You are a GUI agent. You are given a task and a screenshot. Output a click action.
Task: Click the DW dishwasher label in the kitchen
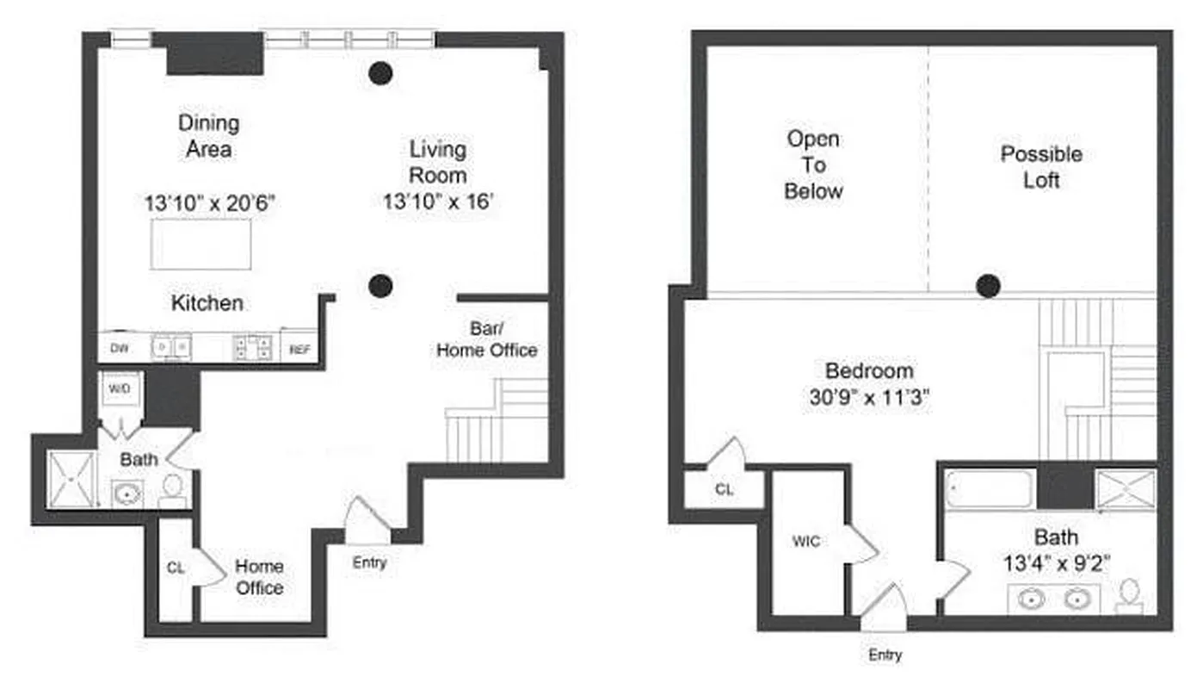click(119, 349)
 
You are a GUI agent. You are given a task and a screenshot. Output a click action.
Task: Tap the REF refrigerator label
click(299, 349)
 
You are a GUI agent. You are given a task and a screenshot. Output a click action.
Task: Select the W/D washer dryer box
click(119, 388)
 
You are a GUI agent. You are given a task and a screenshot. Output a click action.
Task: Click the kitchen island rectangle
click(201, 244)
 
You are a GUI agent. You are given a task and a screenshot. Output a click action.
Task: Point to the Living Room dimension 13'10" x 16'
click(438, 202)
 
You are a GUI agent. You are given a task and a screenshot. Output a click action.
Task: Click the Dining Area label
click(208, 136)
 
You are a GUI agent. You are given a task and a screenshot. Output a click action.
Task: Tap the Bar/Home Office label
click(487, 340)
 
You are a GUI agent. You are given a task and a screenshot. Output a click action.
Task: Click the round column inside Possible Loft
click(988, 285)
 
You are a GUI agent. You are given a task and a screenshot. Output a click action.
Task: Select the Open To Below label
click(813, 164)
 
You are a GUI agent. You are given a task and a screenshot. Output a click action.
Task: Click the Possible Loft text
click(1041, 167)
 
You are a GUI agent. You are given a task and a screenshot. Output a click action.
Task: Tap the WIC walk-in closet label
click(805, 542)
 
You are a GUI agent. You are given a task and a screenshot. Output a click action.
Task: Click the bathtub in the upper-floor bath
click(990, 489)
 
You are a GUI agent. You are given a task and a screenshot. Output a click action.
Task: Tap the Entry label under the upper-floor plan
click(885, 655)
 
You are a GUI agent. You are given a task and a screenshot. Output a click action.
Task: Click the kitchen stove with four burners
click(252, 347)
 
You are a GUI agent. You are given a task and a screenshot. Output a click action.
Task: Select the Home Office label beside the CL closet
click(259, 577)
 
